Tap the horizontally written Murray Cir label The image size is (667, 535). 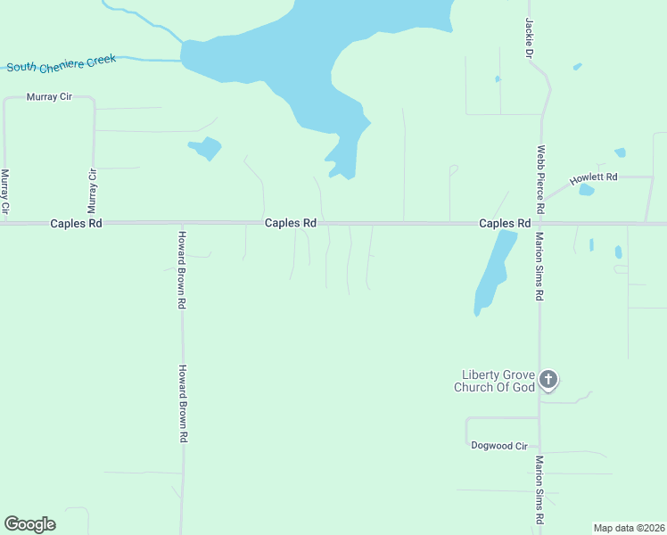49,95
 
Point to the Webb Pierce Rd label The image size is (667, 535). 539,178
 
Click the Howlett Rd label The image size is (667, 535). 594,177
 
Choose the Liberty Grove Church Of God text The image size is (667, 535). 498,381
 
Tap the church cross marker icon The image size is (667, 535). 548,380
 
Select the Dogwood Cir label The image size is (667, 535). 498,445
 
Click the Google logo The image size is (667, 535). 29,524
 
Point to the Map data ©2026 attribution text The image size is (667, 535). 629,527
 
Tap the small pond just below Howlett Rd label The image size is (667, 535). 586,190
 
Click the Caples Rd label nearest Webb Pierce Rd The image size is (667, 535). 505,223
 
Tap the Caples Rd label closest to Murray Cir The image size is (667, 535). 76,223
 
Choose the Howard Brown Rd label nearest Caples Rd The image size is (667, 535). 181,269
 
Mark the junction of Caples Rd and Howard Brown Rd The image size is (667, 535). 182,223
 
